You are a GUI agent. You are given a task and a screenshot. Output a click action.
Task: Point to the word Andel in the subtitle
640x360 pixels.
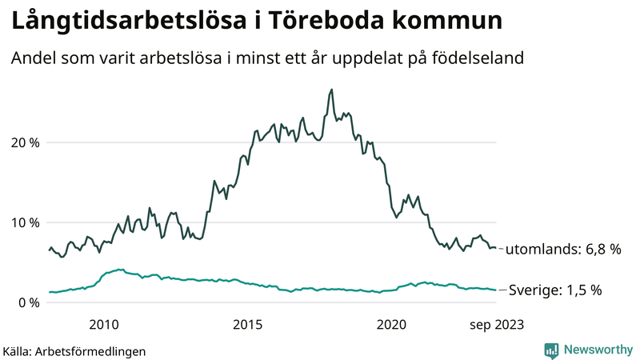click(x=33, y=59)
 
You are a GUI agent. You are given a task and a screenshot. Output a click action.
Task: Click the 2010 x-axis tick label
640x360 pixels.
click(x=104, y=324)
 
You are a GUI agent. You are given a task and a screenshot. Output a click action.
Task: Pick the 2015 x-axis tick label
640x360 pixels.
click(x=248, y=324)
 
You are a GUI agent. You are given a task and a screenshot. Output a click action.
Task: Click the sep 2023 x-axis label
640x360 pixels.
click(x=497, y=324)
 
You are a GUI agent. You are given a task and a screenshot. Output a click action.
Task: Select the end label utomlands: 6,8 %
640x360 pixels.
click(x=564, y=250)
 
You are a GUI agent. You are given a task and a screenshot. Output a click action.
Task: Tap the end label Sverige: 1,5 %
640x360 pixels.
click(x=555, y=290)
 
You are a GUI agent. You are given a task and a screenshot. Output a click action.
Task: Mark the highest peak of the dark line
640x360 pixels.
click(x=331, y=90)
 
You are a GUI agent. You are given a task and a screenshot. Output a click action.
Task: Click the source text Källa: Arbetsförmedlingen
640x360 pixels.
click(x=74, y=351)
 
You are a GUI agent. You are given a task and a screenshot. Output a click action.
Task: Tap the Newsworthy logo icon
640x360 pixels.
click(x=551, y=350)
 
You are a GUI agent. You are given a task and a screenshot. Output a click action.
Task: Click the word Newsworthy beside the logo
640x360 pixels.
click(x=597, y=350)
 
